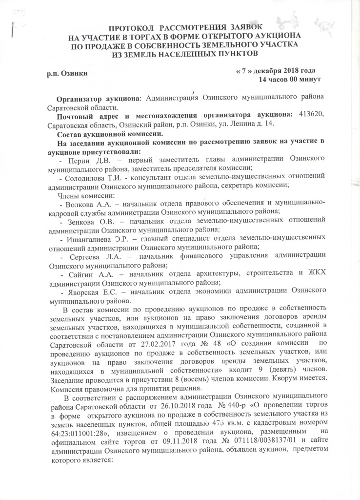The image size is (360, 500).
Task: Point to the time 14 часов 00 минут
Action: (x=289, y=79)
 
